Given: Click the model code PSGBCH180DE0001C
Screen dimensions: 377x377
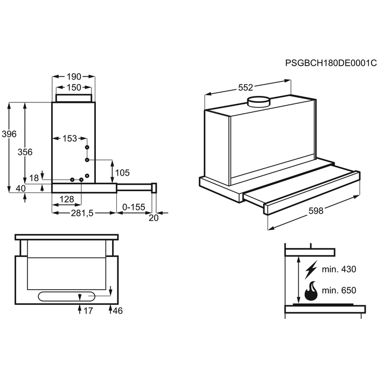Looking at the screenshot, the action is pos(331,63).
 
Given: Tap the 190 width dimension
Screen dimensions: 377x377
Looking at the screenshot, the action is pos(74,76).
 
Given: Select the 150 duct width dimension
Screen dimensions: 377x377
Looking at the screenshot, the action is pos(74,87).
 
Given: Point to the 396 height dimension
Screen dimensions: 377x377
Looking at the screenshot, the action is pos(9,134).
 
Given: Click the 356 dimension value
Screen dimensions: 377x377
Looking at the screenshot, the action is pos(25,152).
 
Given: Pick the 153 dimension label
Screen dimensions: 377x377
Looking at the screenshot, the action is pos(69,138).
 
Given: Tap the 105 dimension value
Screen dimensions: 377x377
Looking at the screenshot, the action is pos(122,173).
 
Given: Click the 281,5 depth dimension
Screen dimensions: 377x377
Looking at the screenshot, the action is pos(82,213).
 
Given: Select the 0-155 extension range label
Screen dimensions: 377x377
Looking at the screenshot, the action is pos(134,207).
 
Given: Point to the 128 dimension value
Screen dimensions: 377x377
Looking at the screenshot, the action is pos(67,199).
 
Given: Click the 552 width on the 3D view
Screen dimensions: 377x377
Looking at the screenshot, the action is pos(246,87).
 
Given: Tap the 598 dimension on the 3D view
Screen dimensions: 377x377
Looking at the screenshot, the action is pos(316,211).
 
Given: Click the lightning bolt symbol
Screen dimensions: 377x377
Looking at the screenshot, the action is pos(311,269).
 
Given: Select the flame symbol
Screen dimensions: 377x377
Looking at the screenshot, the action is pos(311,291).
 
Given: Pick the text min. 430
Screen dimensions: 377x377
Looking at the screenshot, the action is pos(339,269).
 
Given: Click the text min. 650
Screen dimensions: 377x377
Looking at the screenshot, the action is pos(339,290).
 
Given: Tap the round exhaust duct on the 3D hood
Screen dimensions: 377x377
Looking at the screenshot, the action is pos(259,102).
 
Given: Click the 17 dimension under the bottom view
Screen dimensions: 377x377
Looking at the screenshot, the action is pos(88,311).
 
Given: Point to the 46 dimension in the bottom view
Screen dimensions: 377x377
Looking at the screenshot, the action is pos(117,311).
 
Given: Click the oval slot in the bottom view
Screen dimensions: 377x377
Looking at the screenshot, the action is pos(67,296).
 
